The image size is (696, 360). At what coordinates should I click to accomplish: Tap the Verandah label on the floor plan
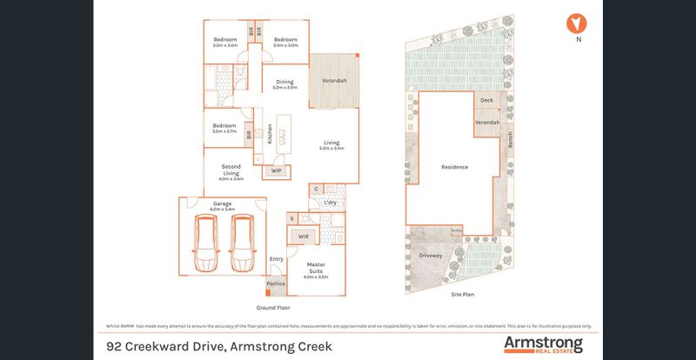click(x=335, y=81)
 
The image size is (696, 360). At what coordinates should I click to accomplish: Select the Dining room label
click(x=284, y=83)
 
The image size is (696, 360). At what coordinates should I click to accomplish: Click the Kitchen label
click(x=271, y=134)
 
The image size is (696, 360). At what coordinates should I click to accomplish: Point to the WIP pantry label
click(x=277, y=170)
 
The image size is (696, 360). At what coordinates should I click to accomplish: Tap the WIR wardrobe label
click(x=304, y=236)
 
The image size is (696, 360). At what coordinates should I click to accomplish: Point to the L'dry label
click(x=330, y=203)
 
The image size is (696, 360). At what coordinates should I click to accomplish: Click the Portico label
click(x=276, y=283)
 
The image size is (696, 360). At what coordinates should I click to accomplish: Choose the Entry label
click(x=277, y=259)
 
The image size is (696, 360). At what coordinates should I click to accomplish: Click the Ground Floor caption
click(x=273, y=308)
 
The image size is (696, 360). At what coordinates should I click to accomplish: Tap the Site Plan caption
click(x=462, y=295)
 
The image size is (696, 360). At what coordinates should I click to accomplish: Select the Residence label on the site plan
click(x=454, y=167)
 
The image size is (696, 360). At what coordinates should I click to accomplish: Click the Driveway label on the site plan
click(x=431, y=256)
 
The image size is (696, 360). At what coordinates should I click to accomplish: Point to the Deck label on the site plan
click(x=486, y=101)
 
